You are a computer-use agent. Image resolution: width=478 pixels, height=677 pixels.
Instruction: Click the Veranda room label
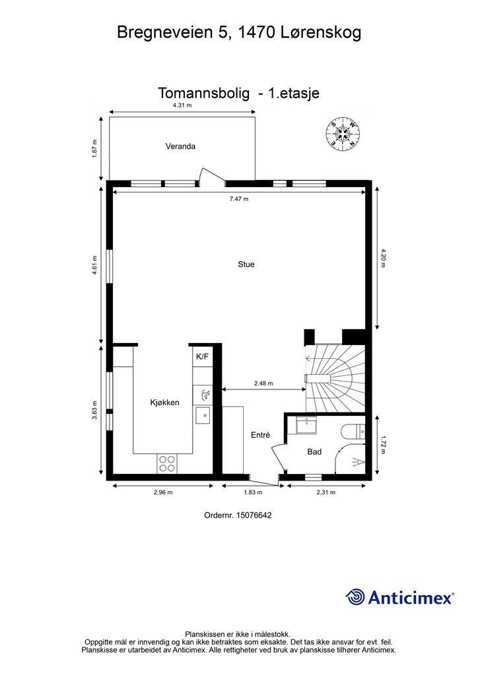point(180,146)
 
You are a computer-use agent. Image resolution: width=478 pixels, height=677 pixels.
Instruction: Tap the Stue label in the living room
point(246,264)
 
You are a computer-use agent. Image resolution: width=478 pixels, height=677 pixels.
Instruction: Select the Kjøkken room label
point(164,403)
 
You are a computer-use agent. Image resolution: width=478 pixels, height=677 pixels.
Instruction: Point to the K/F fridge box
point(202,356)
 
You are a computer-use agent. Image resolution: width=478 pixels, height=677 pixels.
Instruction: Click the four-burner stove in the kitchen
point(167,463)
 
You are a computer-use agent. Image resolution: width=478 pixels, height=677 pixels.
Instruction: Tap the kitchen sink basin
point(203,415)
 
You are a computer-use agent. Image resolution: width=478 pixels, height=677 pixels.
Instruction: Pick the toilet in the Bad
point(353,432)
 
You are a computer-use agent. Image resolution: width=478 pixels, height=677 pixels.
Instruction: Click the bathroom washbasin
point(306,425)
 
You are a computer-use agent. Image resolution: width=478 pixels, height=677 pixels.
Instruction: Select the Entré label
point(260,435)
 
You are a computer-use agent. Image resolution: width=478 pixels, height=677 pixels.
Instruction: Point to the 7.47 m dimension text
point(239,199)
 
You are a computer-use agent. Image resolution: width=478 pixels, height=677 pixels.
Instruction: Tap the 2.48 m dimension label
point(263,383)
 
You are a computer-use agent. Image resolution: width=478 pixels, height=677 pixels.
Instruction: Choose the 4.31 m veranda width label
point(182,105)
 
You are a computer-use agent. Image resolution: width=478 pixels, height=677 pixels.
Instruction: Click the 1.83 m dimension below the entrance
point(253,492)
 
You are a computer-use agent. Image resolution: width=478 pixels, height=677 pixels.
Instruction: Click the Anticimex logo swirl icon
point(355,597)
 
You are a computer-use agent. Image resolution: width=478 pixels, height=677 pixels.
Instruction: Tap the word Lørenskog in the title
point(321,33)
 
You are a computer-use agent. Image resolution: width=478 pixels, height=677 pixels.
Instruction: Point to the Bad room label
point(314,452)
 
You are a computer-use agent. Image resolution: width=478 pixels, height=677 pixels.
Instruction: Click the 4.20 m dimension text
point(382,259)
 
